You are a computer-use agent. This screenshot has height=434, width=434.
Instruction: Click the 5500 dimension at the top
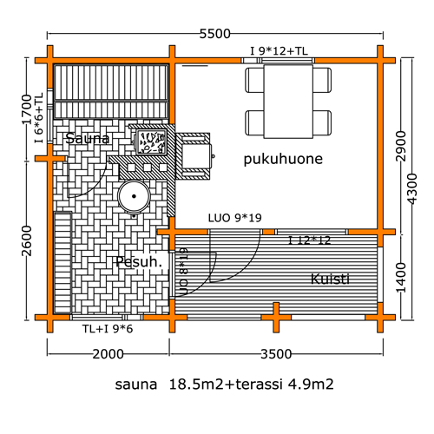215,34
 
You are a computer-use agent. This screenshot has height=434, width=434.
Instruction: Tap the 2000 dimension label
108,354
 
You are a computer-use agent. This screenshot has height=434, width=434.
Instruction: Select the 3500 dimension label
276,354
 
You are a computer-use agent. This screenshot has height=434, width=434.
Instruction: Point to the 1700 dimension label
27,109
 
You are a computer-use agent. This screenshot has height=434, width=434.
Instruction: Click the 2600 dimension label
27,241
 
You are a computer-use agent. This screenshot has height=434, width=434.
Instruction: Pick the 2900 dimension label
401,146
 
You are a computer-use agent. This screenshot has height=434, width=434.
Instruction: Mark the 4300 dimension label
411,188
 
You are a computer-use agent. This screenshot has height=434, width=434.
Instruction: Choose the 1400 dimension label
401,278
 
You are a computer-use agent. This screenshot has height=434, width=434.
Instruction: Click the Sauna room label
88,139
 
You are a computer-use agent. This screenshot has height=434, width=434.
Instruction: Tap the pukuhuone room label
283,159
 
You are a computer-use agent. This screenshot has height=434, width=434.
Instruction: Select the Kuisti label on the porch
330,279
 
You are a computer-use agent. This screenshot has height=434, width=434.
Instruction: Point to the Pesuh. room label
139,262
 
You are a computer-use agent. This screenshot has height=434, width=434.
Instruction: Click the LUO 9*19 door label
234,218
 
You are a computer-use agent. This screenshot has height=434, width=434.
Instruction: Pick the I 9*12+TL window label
279,51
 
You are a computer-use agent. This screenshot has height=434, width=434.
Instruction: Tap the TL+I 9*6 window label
108,329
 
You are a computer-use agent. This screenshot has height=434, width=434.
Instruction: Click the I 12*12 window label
309,240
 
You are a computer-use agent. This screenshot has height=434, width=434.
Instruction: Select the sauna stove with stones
151,142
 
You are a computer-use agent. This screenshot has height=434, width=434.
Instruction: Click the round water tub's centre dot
134,196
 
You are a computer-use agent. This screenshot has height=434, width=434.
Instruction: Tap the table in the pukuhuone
288,102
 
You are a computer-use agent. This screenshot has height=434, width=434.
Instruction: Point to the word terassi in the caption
259,385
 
